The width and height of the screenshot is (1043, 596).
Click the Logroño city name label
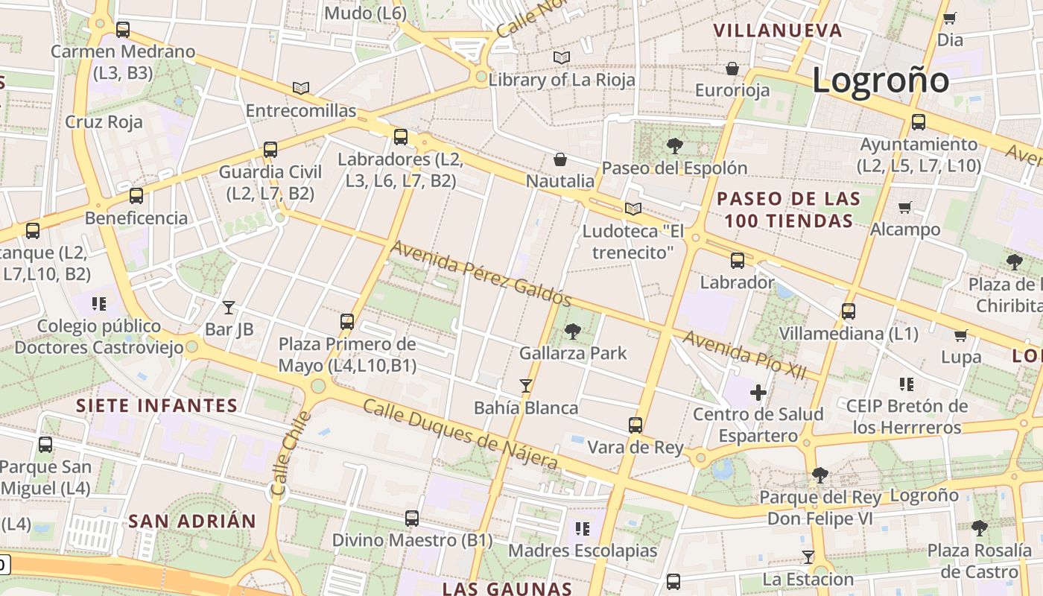(x=881, y=80)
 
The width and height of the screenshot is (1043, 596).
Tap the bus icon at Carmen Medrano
(x=123, y=30)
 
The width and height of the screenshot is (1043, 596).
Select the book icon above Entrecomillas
(x=300, y=89)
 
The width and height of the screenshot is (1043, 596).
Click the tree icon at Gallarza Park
(x=573, y=332)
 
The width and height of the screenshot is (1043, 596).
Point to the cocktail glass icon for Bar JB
(x=229, y=307)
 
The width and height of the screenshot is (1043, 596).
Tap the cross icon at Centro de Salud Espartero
(x=758, y=392)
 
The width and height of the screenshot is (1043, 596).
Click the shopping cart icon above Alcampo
(x=905, y=207)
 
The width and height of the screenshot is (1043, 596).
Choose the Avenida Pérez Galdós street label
(x=481, y=273)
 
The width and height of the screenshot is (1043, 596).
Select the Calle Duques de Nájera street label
(x=460, y=435)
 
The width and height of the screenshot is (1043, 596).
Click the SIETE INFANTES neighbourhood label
(x=156, y=406)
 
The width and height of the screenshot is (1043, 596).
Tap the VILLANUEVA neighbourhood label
(x=778, y=31)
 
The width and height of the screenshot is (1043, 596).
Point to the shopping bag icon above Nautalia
(x=560, y=159)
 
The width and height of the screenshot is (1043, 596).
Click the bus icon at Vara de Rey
(x=635, y=425)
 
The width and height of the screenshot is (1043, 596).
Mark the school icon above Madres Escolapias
(x=583, y=529)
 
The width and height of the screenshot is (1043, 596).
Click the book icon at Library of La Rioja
(x=562, y=57)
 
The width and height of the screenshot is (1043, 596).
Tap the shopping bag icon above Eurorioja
(x=732, y=69)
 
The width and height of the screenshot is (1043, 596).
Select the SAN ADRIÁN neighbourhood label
(x=191, y=521)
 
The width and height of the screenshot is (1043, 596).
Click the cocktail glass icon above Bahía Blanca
(x=526, y=385)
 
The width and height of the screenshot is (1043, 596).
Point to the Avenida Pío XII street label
(x=744, y=356)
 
